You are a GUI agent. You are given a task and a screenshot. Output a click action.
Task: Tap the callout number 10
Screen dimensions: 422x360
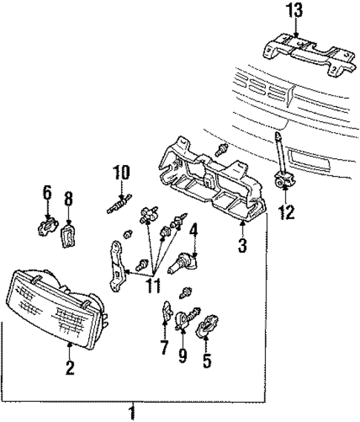click(120, 175)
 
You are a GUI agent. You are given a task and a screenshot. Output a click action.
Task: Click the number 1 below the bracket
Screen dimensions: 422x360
click(132, 411)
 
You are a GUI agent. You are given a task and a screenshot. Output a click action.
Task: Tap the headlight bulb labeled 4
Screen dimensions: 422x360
click(184, 264)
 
